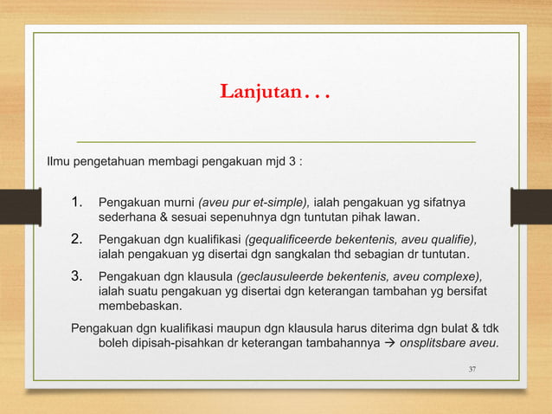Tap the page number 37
[472, 370]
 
